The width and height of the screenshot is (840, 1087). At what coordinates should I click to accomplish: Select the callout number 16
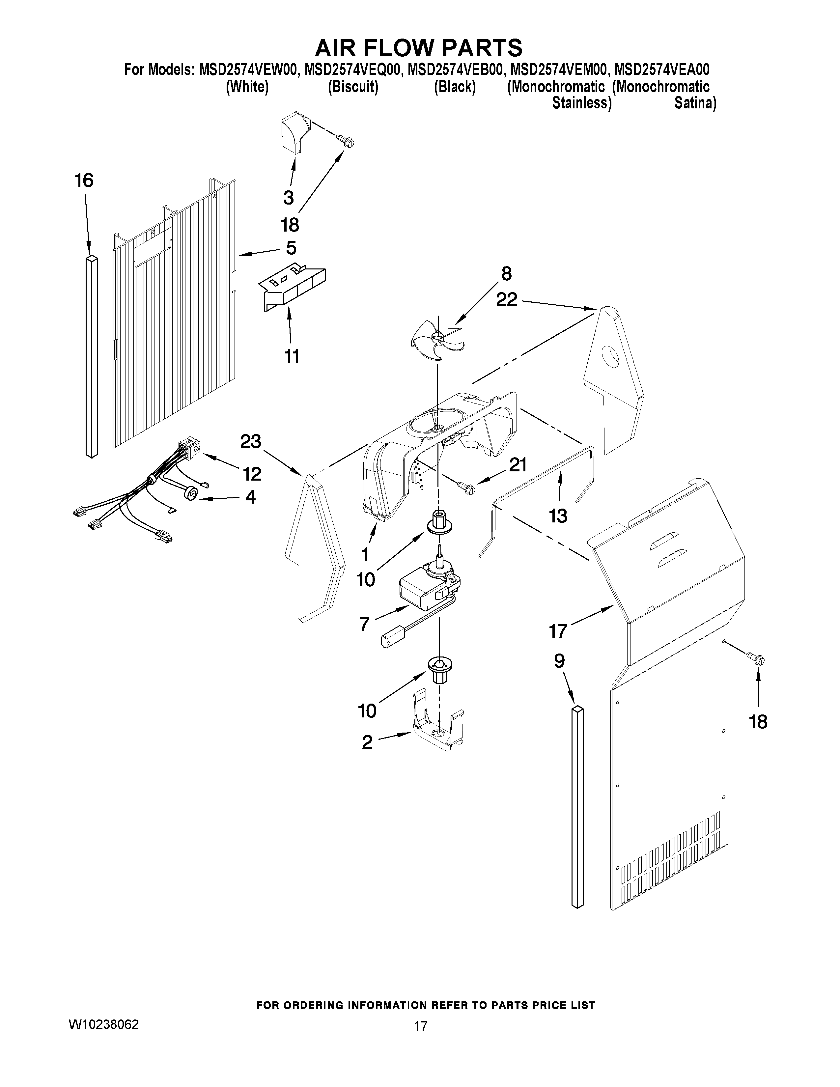click(x=84, y=181)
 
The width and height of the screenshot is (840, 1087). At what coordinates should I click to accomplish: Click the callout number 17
click(x=558, y=630)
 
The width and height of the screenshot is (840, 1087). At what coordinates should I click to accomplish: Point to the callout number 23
click(x=251, y=441)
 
